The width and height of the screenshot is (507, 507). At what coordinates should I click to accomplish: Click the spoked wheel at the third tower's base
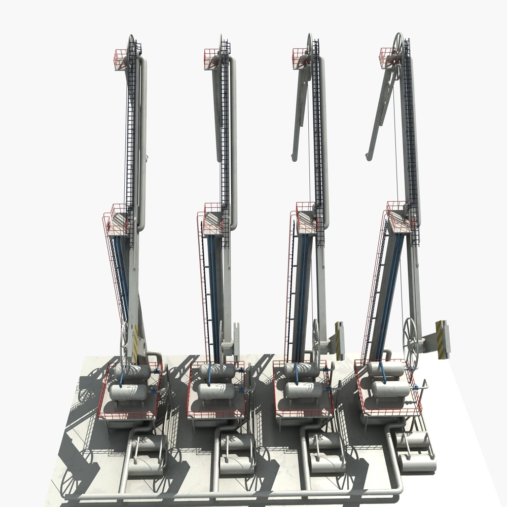pos(315,337)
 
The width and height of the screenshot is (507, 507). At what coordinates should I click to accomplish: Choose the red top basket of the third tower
pos(300,57)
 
